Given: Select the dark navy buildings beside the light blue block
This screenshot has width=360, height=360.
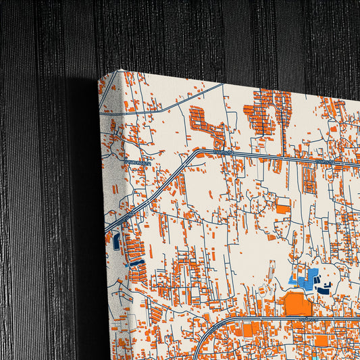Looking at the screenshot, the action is pyautogui.click(x=324, y=290).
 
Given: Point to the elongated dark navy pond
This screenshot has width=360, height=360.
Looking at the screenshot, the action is pyautogui.click(x=137, y=262).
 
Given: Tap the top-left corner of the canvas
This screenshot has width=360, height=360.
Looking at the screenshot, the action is pyautogui.click(x=99, y=76).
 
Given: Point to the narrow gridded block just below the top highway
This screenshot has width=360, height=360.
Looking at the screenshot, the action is pyautogui.click(x=308, y=180).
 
